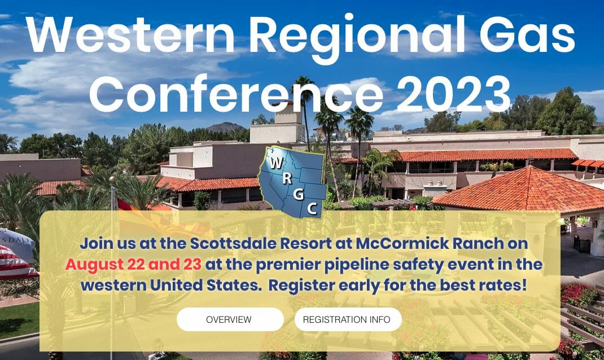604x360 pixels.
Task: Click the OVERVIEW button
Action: point(229,319)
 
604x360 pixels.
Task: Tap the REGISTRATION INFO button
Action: point(347,319)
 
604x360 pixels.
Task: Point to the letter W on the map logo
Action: point(277,164)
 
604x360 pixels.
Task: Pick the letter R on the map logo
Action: point(287,179)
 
